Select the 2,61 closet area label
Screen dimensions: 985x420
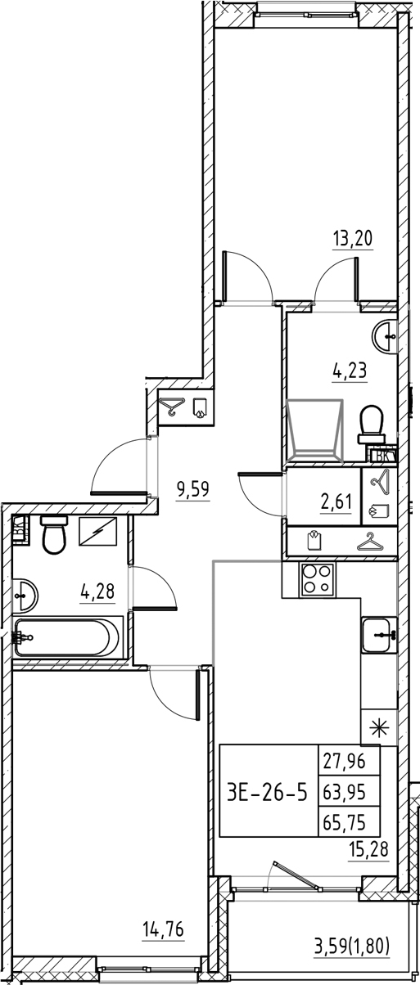pyautogui.click(x=336, y=500)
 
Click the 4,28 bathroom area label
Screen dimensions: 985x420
pyautogui.click(x=97, y=591)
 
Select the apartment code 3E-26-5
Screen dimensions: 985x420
pyautogui.click(x=268, y=792)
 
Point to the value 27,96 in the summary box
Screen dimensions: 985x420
pyautogui.click(x=350, y=763)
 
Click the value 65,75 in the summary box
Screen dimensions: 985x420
pyautogui.click(x=350, y=821)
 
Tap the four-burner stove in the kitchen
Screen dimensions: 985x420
pyautogui.click(x=318, y=580)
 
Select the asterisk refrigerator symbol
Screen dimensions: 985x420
pyautogui.click(x=379, y=726)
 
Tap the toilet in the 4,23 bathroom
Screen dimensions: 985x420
pyautogui.click(x=373, y=424)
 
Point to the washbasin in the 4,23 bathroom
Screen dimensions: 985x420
pyautogui.click(x=386, y=332)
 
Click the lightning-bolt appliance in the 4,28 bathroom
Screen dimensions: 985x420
pyautogui.click(x=98, y=532)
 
